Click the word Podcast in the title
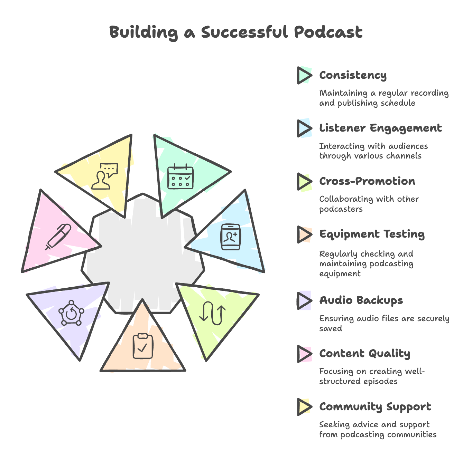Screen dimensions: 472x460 click(x=328, y=32)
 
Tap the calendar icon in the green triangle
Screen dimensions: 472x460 click(x=181, y=176)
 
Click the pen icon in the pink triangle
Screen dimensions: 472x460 click(x=58, y=237)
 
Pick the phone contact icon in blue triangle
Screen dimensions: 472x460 click(x=231, y=237)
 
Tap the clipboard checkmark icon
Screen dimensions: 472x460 click(x=143, y=346)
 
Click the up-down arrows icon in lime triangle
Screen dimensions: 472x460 click(x=212, y=313)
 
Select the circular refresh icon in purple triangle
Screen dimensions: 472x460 click(x=71, y=313)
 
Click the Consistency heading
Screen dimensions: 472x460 click(x=353, y=75)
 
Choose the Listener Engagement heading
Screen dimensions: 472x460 click(x=380, y=128)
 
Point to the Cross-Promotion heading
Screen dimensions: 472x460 click(x=367, y=181)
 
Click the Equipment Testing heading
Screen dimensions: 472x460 click(x=372, y=234)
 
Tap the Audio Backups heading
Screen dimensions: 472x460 click(x=361, y=300)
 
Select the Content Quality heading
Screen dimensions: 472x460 click(x=364, y=354)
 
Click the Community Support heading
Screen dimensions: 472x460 click(x=375, y=407)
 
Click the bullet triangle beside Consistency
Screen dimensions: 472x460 click(x=304, y=75)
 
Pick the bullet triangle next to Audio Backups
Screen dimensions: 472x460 click(x=304, y=300)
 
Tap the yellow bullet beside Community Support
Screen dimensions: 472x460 click(x=304, y=407)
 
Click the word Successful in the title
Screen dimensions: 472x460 click(x=244, y=32)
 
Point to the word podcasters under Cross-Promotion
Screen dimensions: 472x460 click(x=341, y=209)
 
